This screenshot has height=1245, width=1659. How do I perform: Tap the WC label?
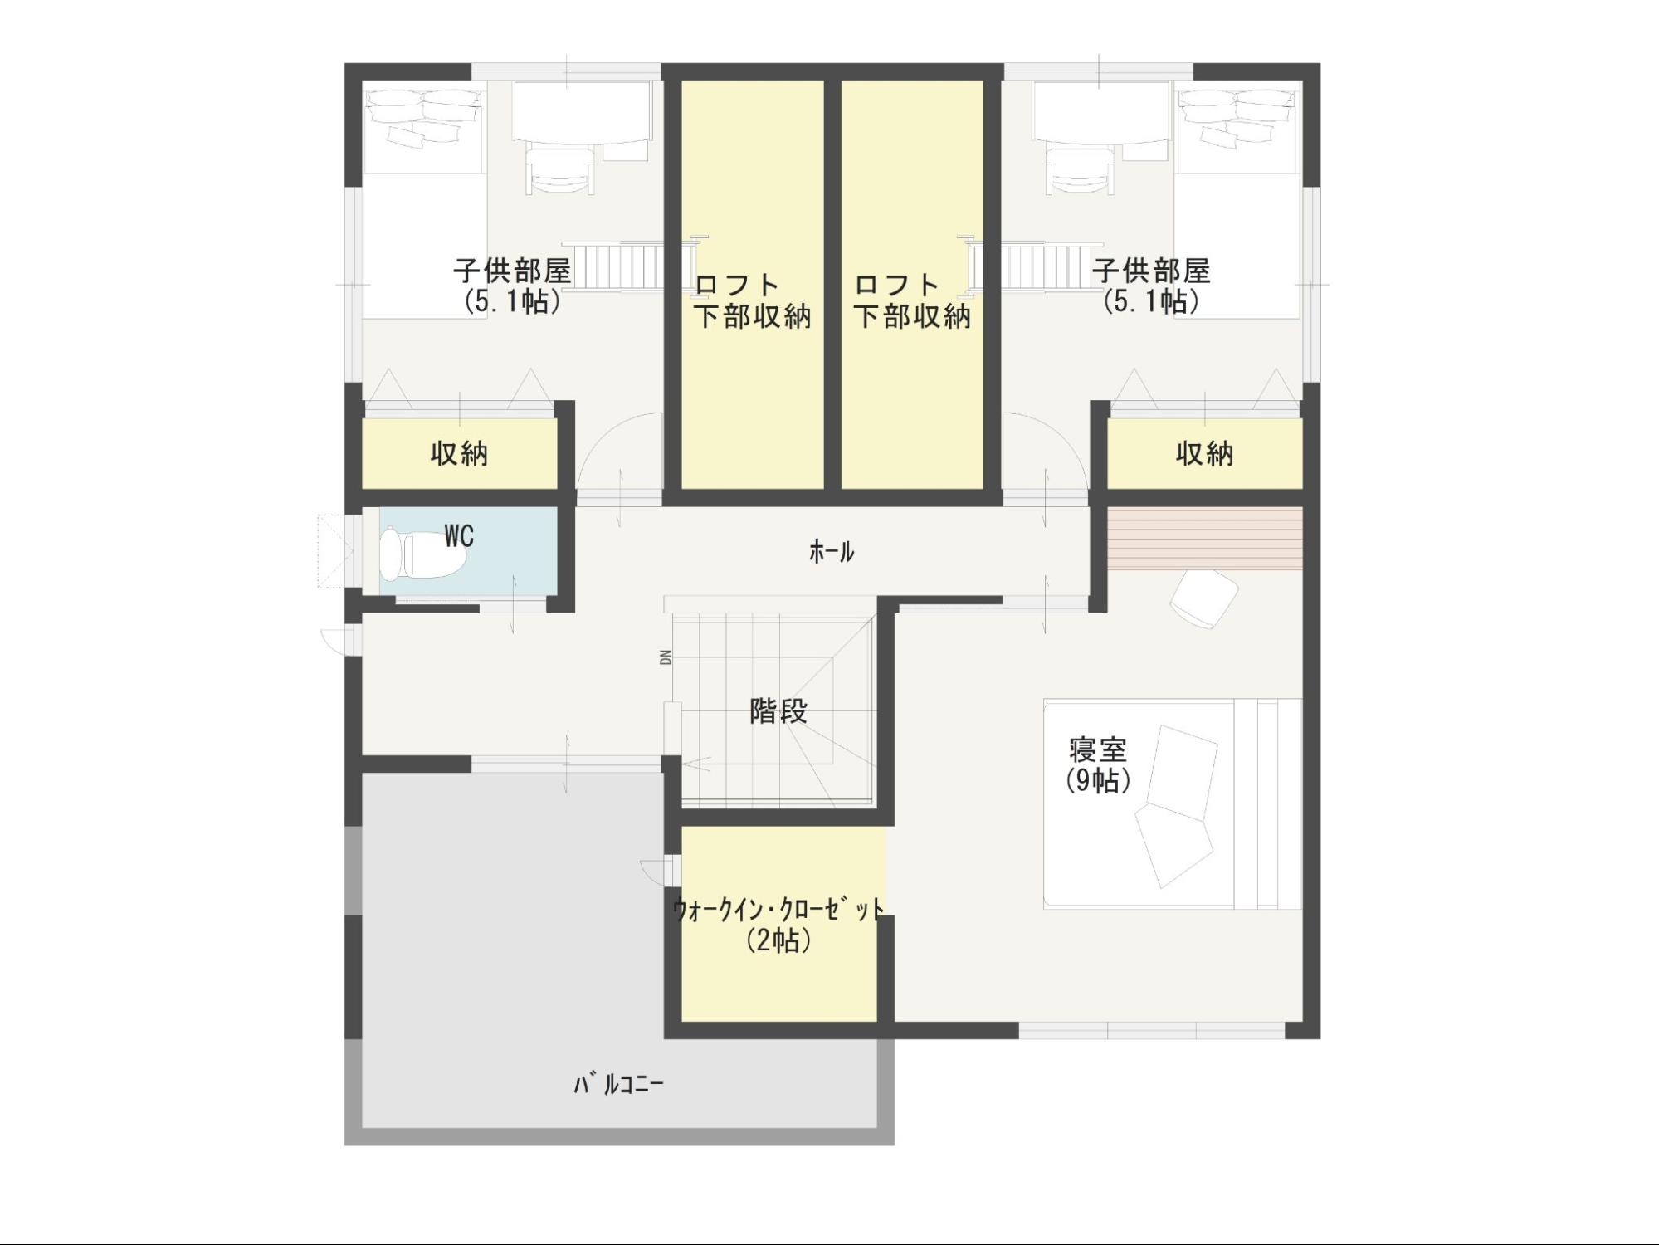(x=459, y=536)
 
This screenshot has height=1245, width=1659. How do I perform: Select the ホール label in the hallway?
(x=832, y=551)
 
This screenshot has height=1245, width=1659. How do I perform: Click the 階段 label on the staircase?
(x=778, y=711)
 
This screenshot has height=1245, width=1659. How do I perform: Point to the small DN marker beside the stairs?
(x=666, y=657)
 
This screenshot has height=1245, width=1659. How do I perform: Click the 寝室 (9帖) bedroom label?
(x=1098, y=765)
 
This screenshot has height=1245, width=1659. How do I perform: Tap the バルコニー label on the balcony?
(x=619, y=1084)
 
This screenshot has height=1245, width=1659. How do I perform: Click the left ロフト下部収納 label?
(x=753, y=300)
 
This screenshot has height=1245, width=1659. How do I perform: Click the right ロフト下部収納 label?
(x=912, y=300)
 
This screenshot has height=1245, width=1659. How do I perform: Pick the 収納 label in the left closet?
(x=459, y=454)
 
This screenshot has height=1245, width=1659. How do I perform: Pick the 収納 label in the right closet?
(x=1204, y=454)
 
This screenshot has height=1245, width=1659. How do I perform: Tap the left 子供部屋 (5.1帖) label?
(x=512, y=286)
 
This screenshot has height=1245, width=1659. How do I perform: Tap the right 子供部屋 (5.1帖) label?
(x=1151, y=286)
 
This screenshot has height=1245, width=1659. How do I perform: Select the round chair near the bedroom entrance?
(x=1204, y=598)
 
